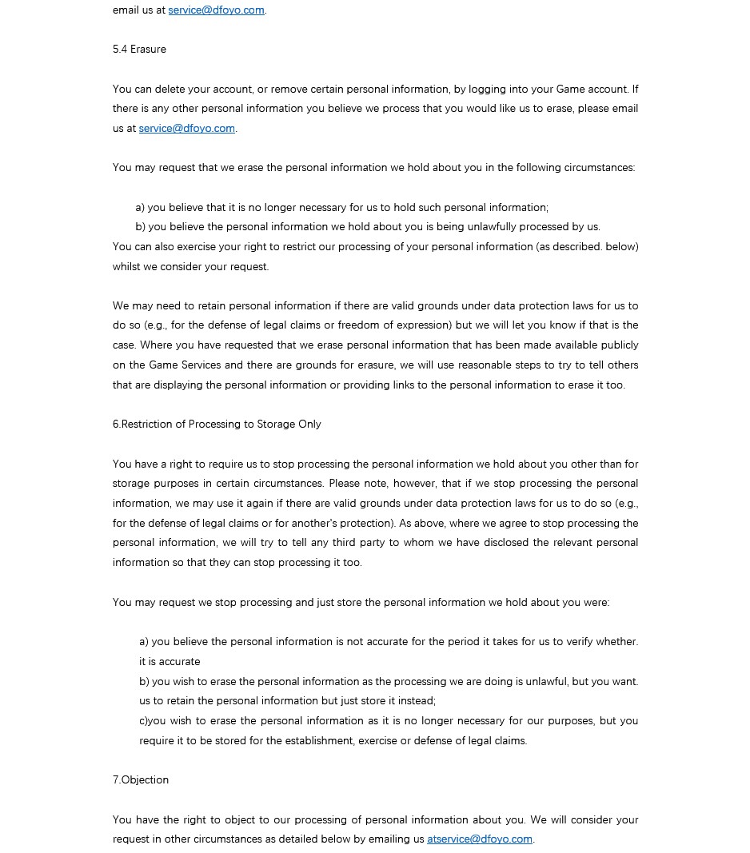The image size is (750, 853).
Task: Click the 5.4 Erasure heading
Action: [x=139, y=50]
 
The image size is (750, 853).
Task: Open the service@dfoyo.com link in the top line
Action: [x=216, y=10]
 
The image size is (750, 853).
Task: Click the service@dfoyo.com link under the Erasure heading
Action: [x=186, y=128]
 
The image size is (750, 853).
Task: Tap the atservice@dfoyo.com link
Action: [x=479, y=839]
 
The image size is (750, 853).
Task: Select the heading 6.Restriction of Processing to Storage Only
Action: [x=217, y=424]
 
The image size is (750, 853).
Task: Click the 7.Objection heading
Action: [x=141, y=779]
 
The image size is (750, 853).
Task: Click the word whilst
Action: [x=126, y=266]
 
